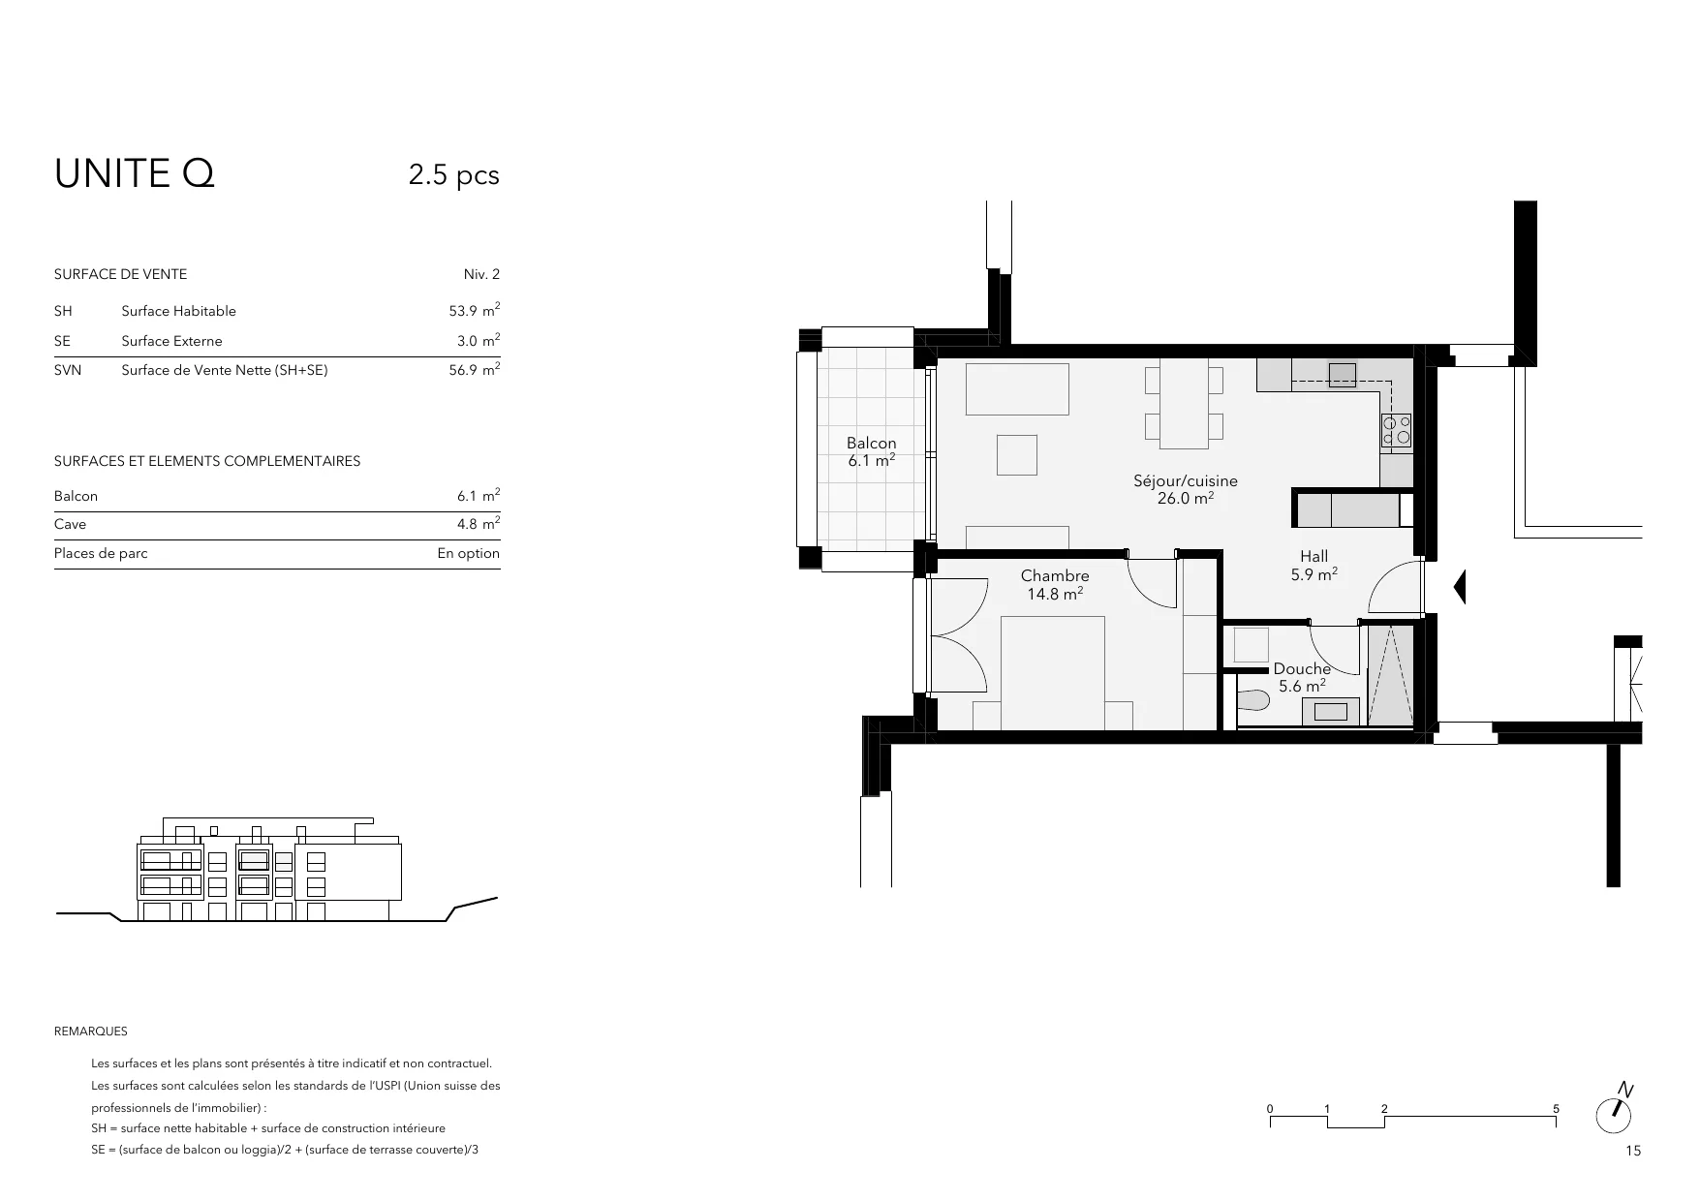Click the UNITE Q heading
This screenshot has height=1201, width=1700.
tap(135, 174)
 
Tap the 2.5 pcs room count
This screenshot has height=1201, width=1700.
tap(453, 175)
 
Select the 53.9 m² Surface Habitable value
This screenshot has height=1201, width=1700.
tap(474, 310)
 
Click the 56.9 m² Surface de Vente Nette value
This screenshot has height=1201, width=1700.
tap(474, 369)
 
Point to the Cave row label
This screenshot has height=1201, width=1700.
tap(70, 524)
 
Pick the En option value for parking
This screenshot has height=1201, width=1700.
tap(469, 553)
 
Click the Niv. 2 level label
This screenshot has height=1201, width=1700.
tap(481, 274)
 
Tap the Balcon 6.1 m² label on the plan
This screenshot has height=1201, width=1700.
tap(872, 452)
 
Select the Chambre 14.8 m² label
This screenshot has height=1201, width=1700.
tap(1055, 584)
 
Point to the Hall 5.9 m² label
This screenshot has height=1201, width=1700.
tap(1314, 565)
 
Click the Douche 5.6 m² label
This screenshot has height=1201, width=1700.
tap(1302, 677)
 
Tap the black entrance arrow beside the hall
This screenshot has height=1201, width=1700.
tap(1460, 587)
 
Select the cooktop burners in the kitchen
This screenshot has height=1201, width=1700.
tap(1396, 430)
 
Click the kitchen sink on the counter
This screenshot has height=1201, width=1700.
tap(1342, 374)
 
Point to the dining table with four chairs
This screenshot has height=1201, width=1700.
tap(1184, 405)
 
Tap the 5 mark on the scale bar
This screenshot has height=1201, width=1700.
tap(1556, 1109)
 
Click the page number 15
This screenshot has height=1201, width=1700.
tap(1634, 1152)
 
